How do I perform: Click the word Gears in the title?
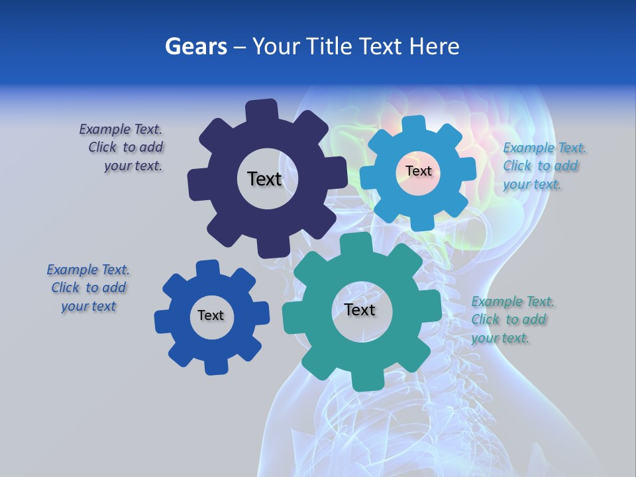[195, 46]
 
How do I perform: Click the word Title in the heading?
[331, 46]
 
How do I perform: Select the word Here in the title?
[435, 46]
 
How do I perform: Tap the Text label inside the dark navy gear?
[264, 179]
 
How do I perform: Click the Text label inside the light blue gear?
[418, 171]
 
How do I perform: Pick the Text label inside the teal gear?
[360, 309]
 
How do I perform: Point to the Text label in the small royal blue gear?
[211, 315]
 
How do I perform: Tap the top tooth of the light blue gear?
[414, 124]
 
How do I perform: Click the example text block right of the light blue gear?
[544, 166]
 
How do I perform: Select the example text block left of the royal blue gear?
[88, 288]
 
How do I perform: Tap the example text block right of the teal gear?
[512, 319]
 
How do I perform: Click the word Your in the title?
[277, 46]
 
